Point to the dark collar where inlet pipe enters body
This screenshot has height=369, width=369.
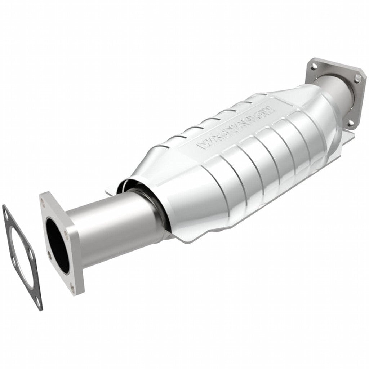151,202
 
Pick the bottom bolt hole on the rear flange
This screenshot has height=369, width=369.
349,124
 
